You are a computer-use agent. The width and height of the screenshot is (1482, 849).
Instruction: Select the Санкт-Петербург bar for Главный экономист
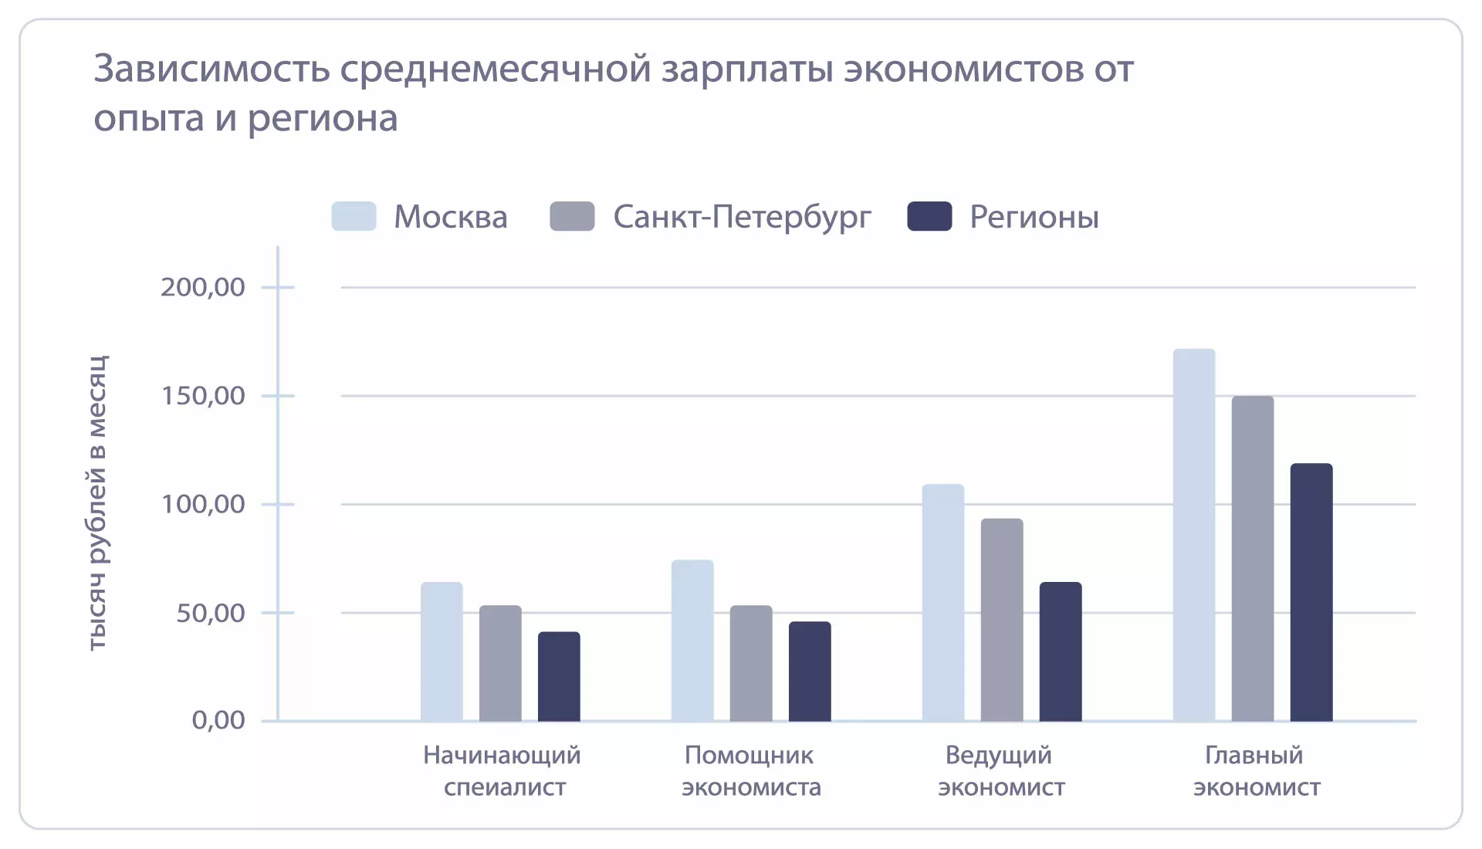(x=1252, y=559)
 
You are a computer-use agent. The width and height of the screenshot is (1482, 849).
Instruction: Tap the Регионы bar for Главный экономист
(x=1311, y=592)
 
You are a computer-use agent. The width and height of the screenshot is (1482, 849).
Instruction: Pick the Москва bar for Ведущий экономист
(x=942, y=603)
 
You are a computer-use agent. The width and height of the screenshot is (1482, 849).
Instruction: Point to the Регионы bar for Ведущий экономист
(x=1060, y=651)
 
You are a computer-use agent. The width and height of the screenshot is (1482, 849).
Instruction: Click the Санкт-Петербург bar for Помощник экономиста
(x=750, y=663)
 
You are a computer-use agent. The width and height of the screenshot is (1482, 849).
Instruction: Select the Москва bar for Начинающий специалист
(x=442, y=651)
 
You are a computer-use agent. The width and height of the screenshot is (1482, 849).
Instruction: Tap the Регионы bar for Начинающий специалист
(x=559, y=676)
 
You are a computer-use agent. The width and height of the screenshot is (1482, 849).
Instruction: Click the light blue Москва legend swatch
(x=354, y=216)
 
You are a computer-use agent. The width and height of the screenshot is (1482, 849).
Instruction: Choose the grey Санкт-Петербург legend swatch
(x=572, y=216)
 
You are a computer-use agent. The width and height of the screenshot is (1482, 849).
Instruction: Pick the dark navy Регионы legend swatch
(x=929, y=216)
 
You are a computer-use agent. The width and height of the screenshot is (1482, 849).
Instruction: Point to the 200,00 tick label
(x=202, y=287)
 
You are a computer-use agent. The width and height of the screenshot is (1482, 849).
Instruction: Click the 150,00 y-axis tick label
(x=202, y=396)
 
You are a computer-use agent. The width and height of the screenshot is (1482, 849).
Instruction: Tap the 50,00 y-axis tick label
(x=210, y=613)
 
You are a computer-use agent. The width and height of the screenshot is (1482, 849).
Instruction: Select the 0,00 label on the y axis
(x=218, y=720)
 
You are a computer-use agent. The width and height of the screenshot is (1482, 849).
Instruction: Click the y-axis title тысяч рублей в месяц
(x=97, y=503)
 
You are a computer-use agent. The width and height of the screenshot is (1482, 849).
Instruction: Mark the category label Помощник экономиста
(x=750, y=770)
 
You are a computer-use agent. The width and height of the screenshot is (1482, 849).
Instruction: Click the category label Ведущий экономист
(x=1000, y=770)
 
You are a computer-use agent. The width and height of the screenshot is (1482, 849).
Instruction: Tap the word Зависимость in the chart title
(x=211, y=69)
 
